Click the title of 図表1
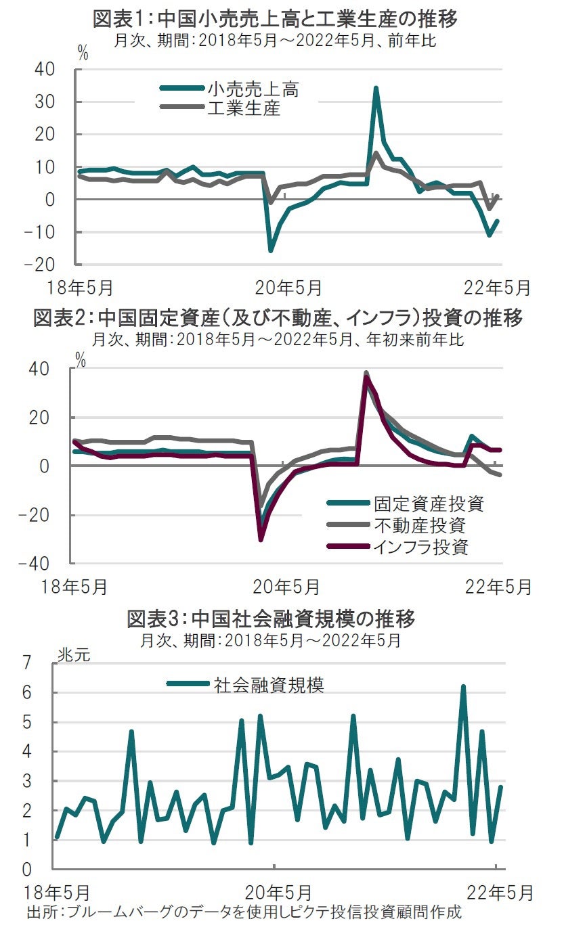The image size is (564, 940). coord(276,18)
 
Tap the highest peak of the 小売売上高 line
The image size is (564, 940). coord(376,88)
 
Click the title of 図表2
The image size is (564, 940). coord(278,318)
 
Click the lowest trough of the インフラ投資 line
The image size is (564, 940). coord(261,539)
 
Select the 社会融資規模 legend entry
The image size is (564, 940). coord(269,684)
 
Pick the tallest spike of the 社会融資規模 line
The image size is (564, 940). coord(464,686)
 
